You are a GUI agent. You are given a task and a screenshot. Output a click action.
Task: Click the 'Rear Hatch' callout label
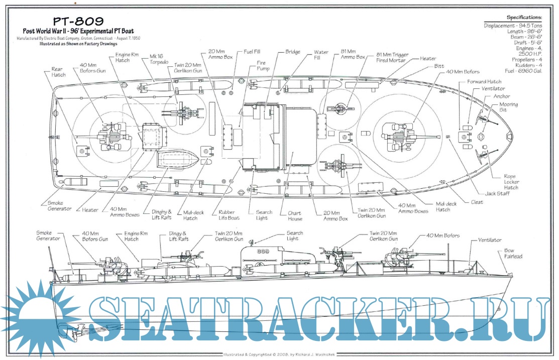(x=58, y=72)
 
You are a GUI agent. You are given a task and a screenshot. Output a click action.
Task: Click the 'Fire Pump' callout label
(x=263, y=65)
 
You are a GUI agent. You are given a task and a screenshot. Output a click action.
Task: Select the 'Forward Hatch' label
(x=484, y=81)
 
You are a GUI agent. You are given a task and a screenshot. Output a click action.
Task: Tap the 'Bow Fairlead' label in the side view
(x=513, y=253)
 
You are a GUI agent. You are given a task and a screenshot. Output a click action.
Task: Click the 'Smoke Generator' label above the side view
(x=48, y=235)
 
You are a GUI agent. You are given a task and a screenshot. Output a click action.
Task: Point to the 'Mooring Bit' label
(x=508, y=107)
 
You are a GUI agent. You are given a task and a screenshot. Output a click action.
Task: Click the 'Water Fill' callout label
(x=321, y=55)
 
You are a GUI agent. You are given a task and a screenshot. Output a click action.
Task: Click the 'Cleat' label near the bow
(x=477, y=202)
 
